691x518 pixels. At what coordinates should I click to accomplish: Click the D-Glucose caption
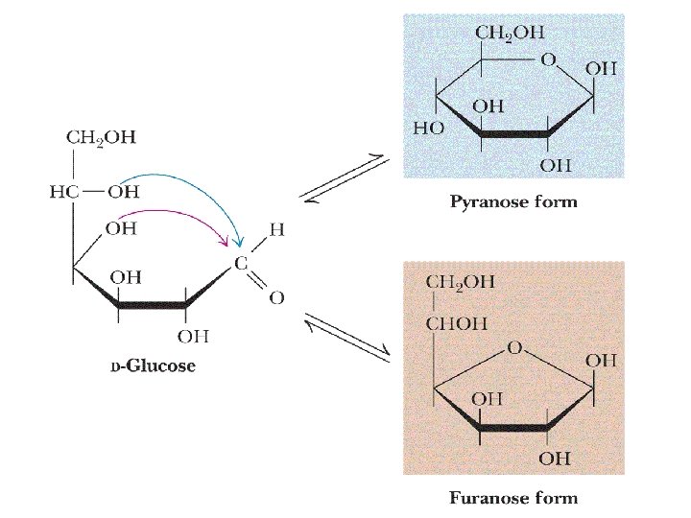tap(153, 366)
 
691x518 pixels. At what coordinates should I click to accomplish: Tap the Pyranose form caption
tap(513, 202)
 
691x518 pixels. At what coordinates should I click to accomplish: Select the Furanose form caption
tap(513, 497)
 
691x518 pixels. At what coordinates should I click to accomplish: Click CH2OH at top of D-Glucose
tap(101, 137)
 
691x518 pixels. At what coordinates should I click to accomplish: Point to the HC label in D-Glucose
tap(62, 191)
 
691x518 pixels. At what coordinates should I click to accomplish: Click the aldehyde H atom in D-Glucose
tap(276, 230)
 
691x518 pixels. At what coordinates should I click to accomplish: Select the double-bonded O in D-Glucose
tap(276, 298)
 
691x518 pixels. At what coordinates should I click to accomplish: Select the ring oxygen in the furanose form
tap(514, 348)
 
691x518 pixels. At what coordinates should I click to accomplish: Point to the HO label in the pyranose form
tap(429, 128)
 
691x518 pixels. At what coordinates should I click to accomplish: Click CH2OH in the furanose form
tap(461, 282)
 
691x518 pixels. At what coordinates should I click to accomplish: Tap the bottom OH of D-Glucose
tap(192, 335)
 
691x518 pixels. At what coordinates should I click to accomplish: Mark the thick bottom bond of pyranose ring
tap(513, 135)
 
